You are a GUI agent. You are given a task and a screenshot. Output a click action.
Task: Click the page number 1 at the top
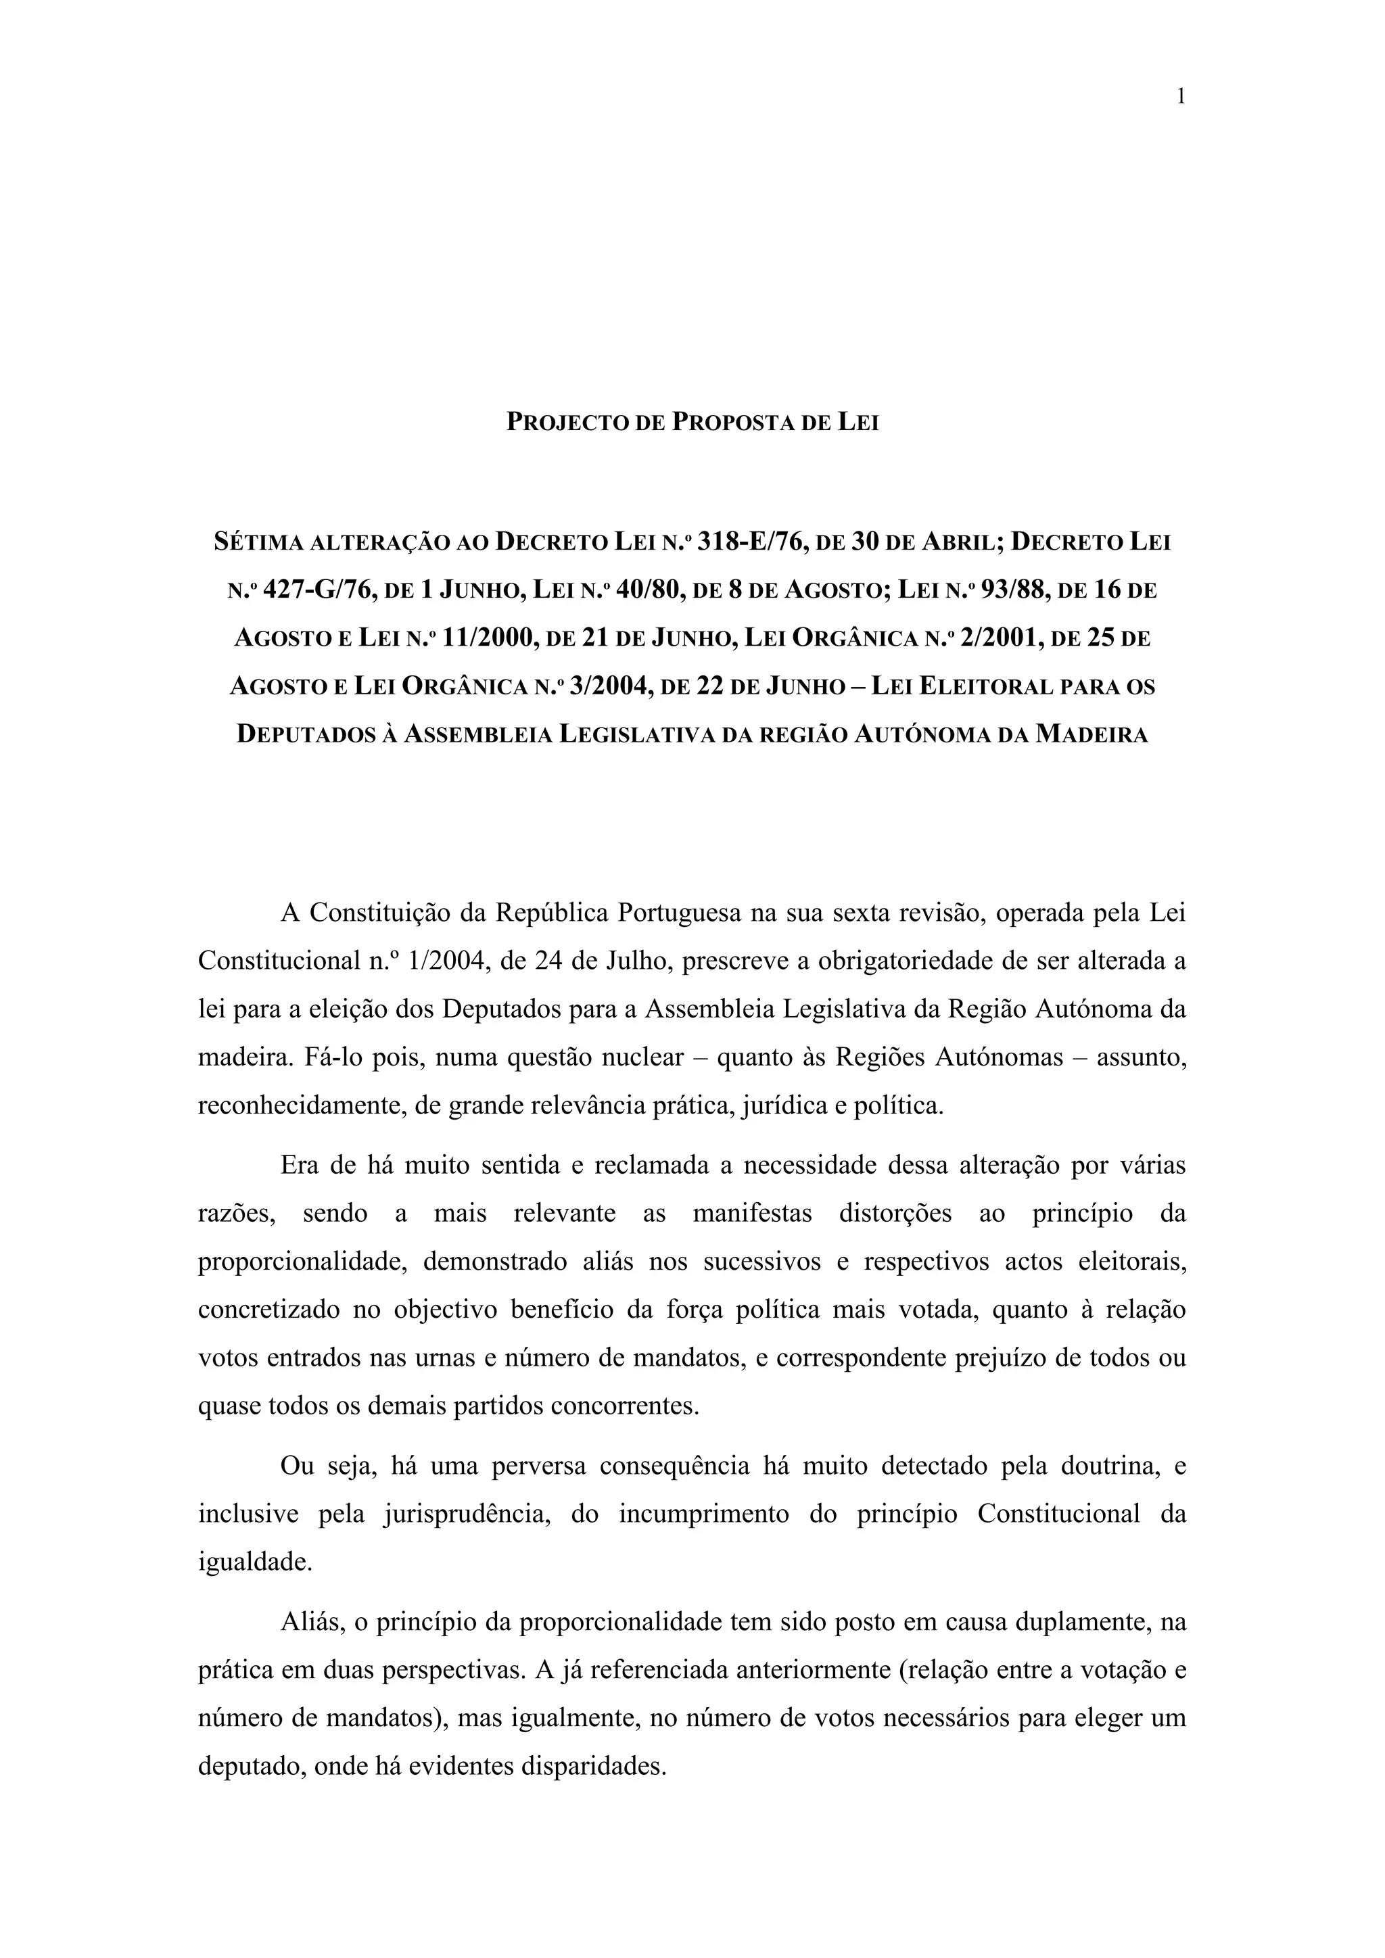1180,97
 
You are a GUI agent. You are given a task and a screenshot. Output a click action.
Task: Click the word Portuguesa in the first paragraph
679,913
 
